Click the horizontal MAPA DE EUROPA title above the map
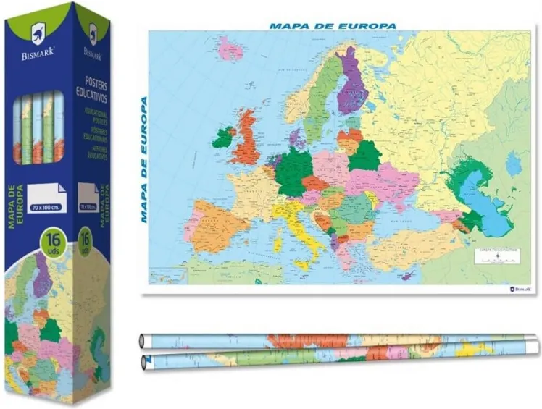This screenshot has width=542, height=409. pos(333,25)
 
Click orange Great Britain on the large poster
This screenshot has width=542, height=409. pos(249,141)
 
